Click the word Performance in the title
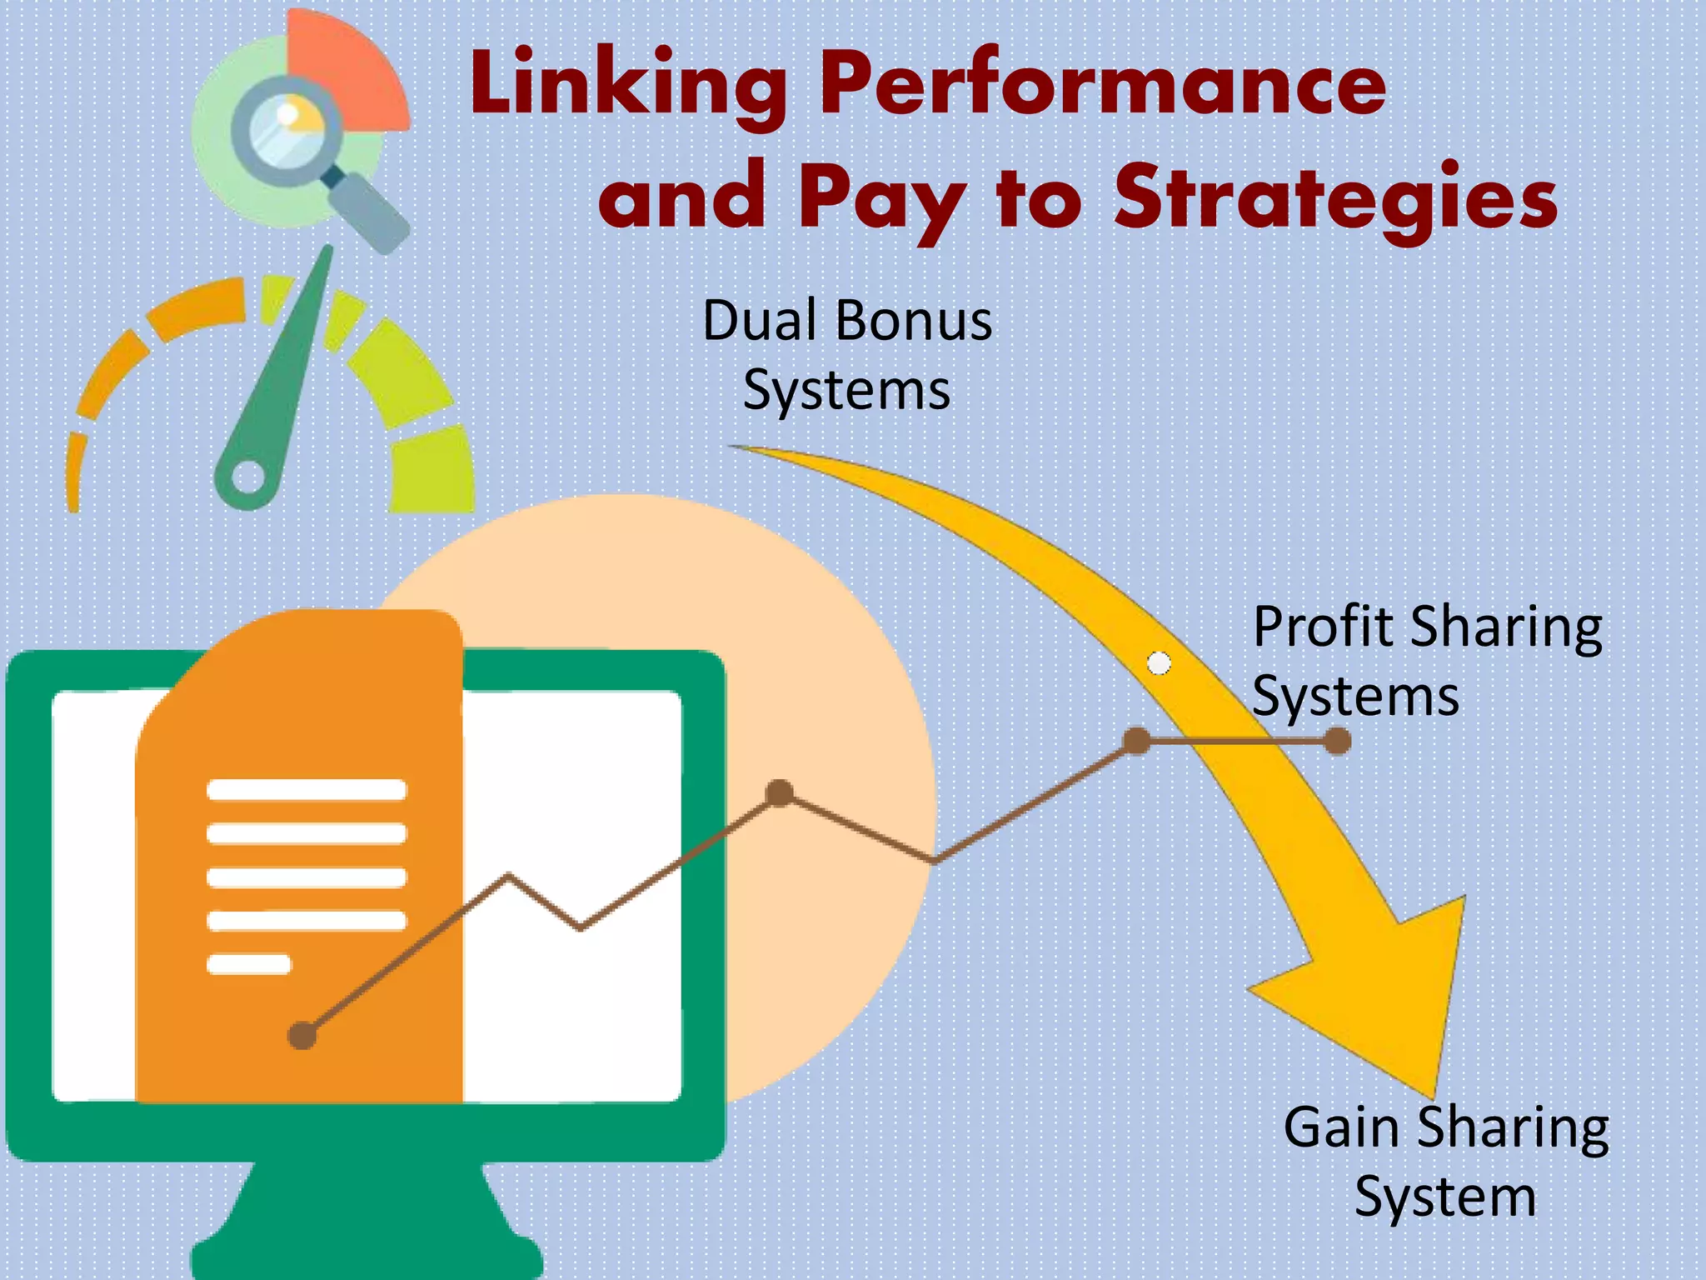coord(1104,83)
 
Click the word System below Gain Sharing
coord(1445,1197)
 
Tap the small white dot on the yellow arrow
coord(1160,663)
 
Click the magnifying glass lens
coord(288,130)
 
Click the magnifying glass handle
coord(367,208)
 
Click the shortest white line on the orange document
coord(248,964)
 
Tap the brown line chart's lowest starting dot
coord(302,1036)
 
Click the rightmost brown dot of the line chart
coord(1337,740)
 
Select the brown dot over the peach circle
coord(780,792)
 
